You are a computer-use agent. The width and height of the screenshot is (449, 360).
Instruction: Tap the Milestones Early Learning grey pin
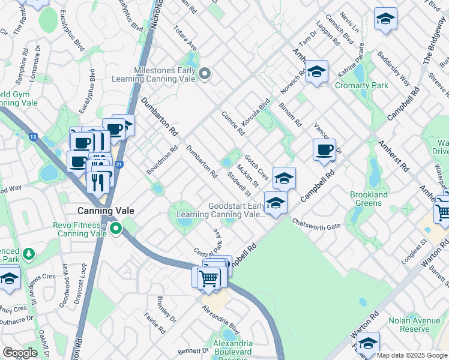[x=205, y=74]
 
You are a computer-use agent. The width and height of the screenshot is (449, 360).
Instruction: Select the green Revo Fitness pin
[x=115, y=228]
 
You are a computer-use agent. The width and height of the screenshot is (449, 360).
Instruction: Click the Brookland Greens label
[x=366, y=199]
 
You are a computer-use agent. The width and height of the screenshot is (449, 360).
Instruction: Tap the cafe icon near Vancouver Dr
[x=325, y=149]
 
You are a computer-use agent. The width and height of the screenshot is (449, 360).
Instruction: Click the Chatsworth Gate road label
[x=316, y=223]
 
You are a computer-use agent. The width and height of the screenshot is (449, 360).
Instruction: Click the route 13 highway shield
[x=32, y=137]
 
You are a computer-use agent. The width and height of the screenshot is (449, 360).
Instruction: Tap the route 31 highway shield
[x=119, y=164]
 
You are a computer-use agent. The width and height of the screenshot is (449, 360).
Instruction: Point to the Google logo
[x=20, y=353]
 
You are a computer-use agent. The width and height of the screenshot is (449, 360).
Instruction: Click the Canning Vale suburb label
[x=106, y=211]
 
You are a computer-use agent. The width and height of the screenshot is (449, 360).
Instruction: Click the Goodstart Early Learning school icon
[x=275, y=203]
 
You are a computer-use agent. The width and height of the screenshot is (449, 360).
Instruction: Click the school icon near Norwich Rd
[x=316, y=73]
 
